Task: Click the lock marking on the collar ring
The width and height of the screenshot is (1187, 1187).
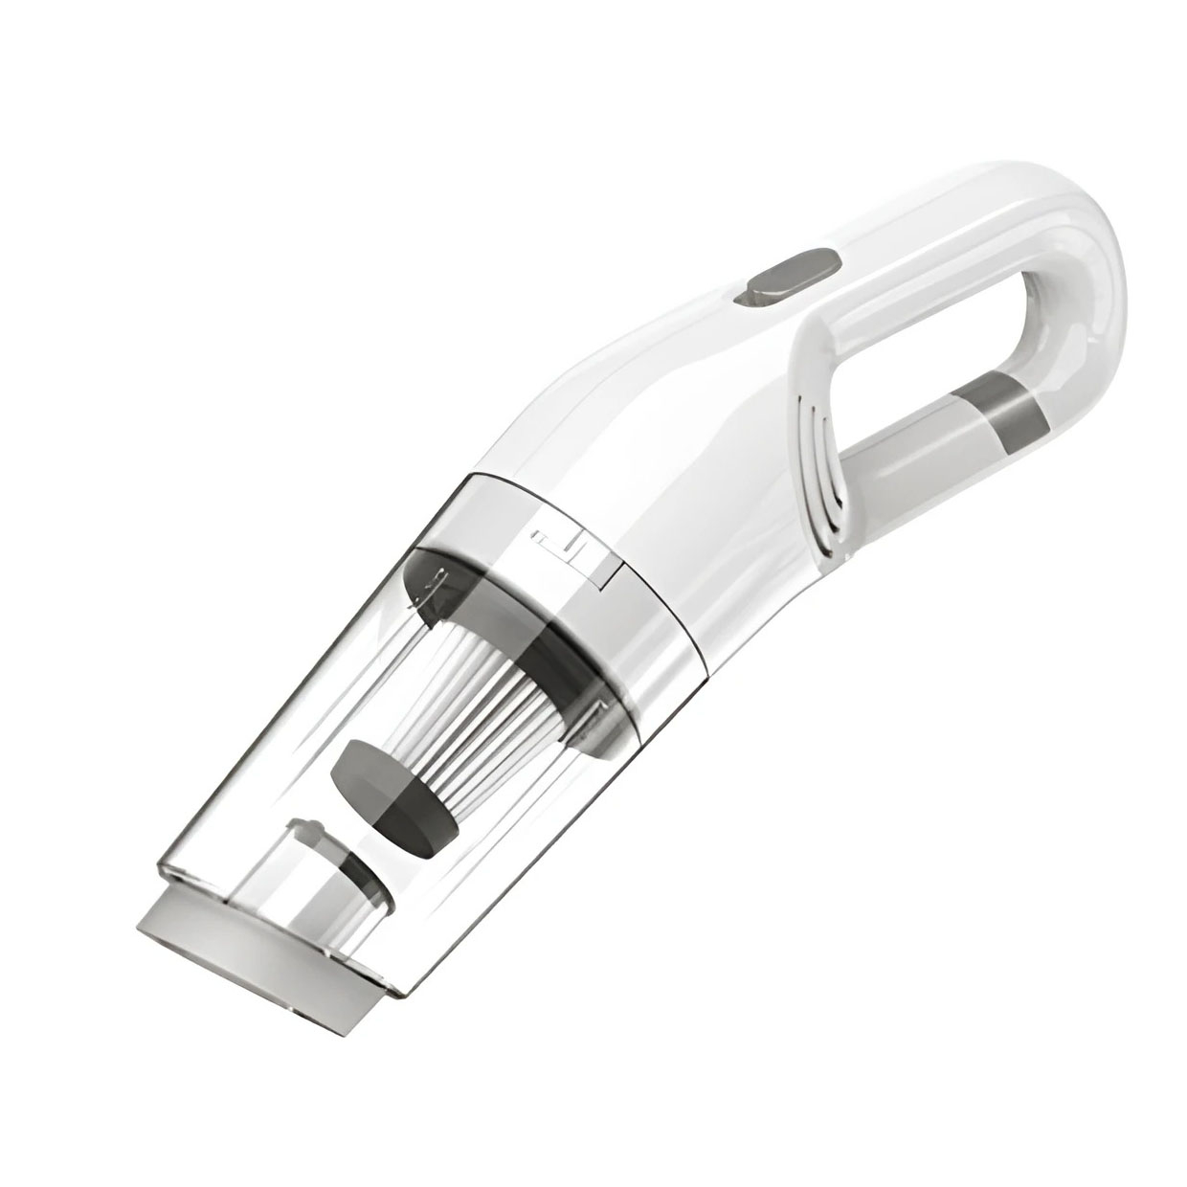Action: click(x=571, y=555)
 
